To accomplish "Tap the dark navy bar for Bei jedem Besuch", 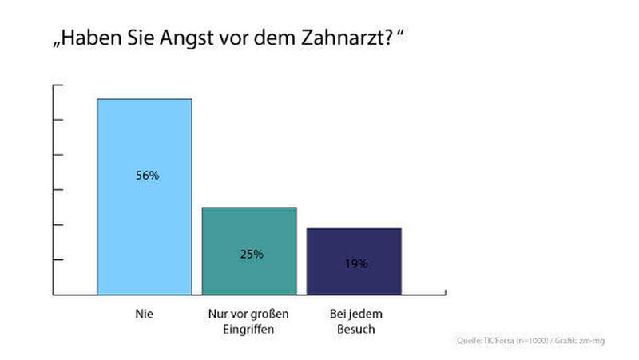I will pos(353,275).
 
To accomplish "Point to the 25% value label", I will pos(251,254).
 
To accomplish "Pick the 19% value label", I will pos(355,263).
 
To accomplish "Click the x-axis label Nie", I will pos(145,315).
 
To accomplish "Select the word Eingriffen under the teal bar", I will pos(248,330).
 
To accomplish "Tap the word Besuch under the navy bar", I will pos(354,330).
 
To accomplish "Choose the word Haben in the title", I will pos(91,39).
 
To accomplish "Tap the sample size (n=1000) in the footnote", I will pos(530,342).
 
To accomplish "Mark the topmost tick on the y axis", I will pos(57,85).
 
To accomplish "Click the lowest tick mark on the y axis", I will pos(57,260).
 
